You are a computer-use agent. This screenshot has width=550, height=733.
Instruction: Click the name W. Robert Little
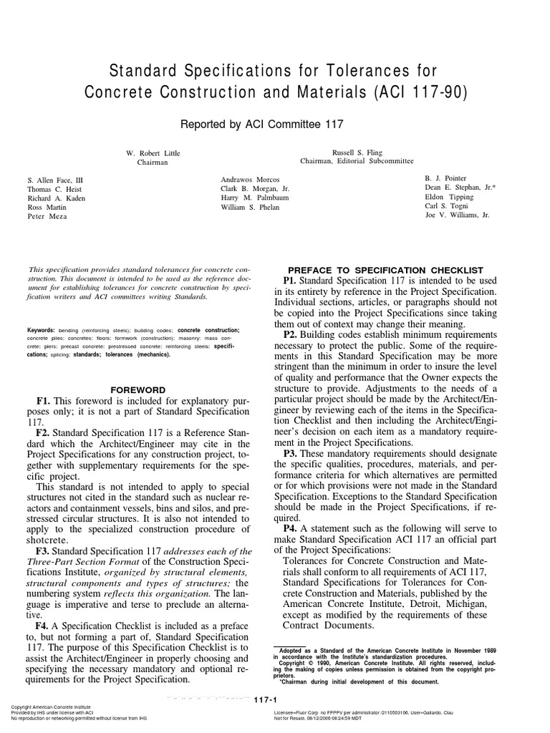(153, 153)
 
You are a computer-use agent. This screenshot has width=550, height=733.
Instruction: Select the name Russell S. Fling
(357, 152)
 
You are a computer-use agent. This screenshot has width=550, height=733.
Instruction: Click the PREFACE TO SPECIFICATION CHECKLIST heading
(383, 269)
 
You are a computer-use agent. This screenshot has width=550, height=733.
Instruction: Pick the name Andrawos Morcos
(251, 178)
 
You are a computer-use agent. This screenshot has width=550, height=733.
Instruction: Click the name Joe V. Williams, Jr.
(457, 215)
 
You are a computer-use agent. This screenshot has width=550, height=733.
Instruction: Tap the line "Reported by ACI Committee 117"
(262, 124)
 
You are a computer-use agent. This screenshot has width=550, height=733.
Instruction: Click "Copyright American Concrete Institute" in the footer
(54, 707)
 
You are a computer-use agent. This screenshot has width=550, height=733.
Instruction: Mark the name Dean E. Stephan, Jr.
(459, 188)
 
